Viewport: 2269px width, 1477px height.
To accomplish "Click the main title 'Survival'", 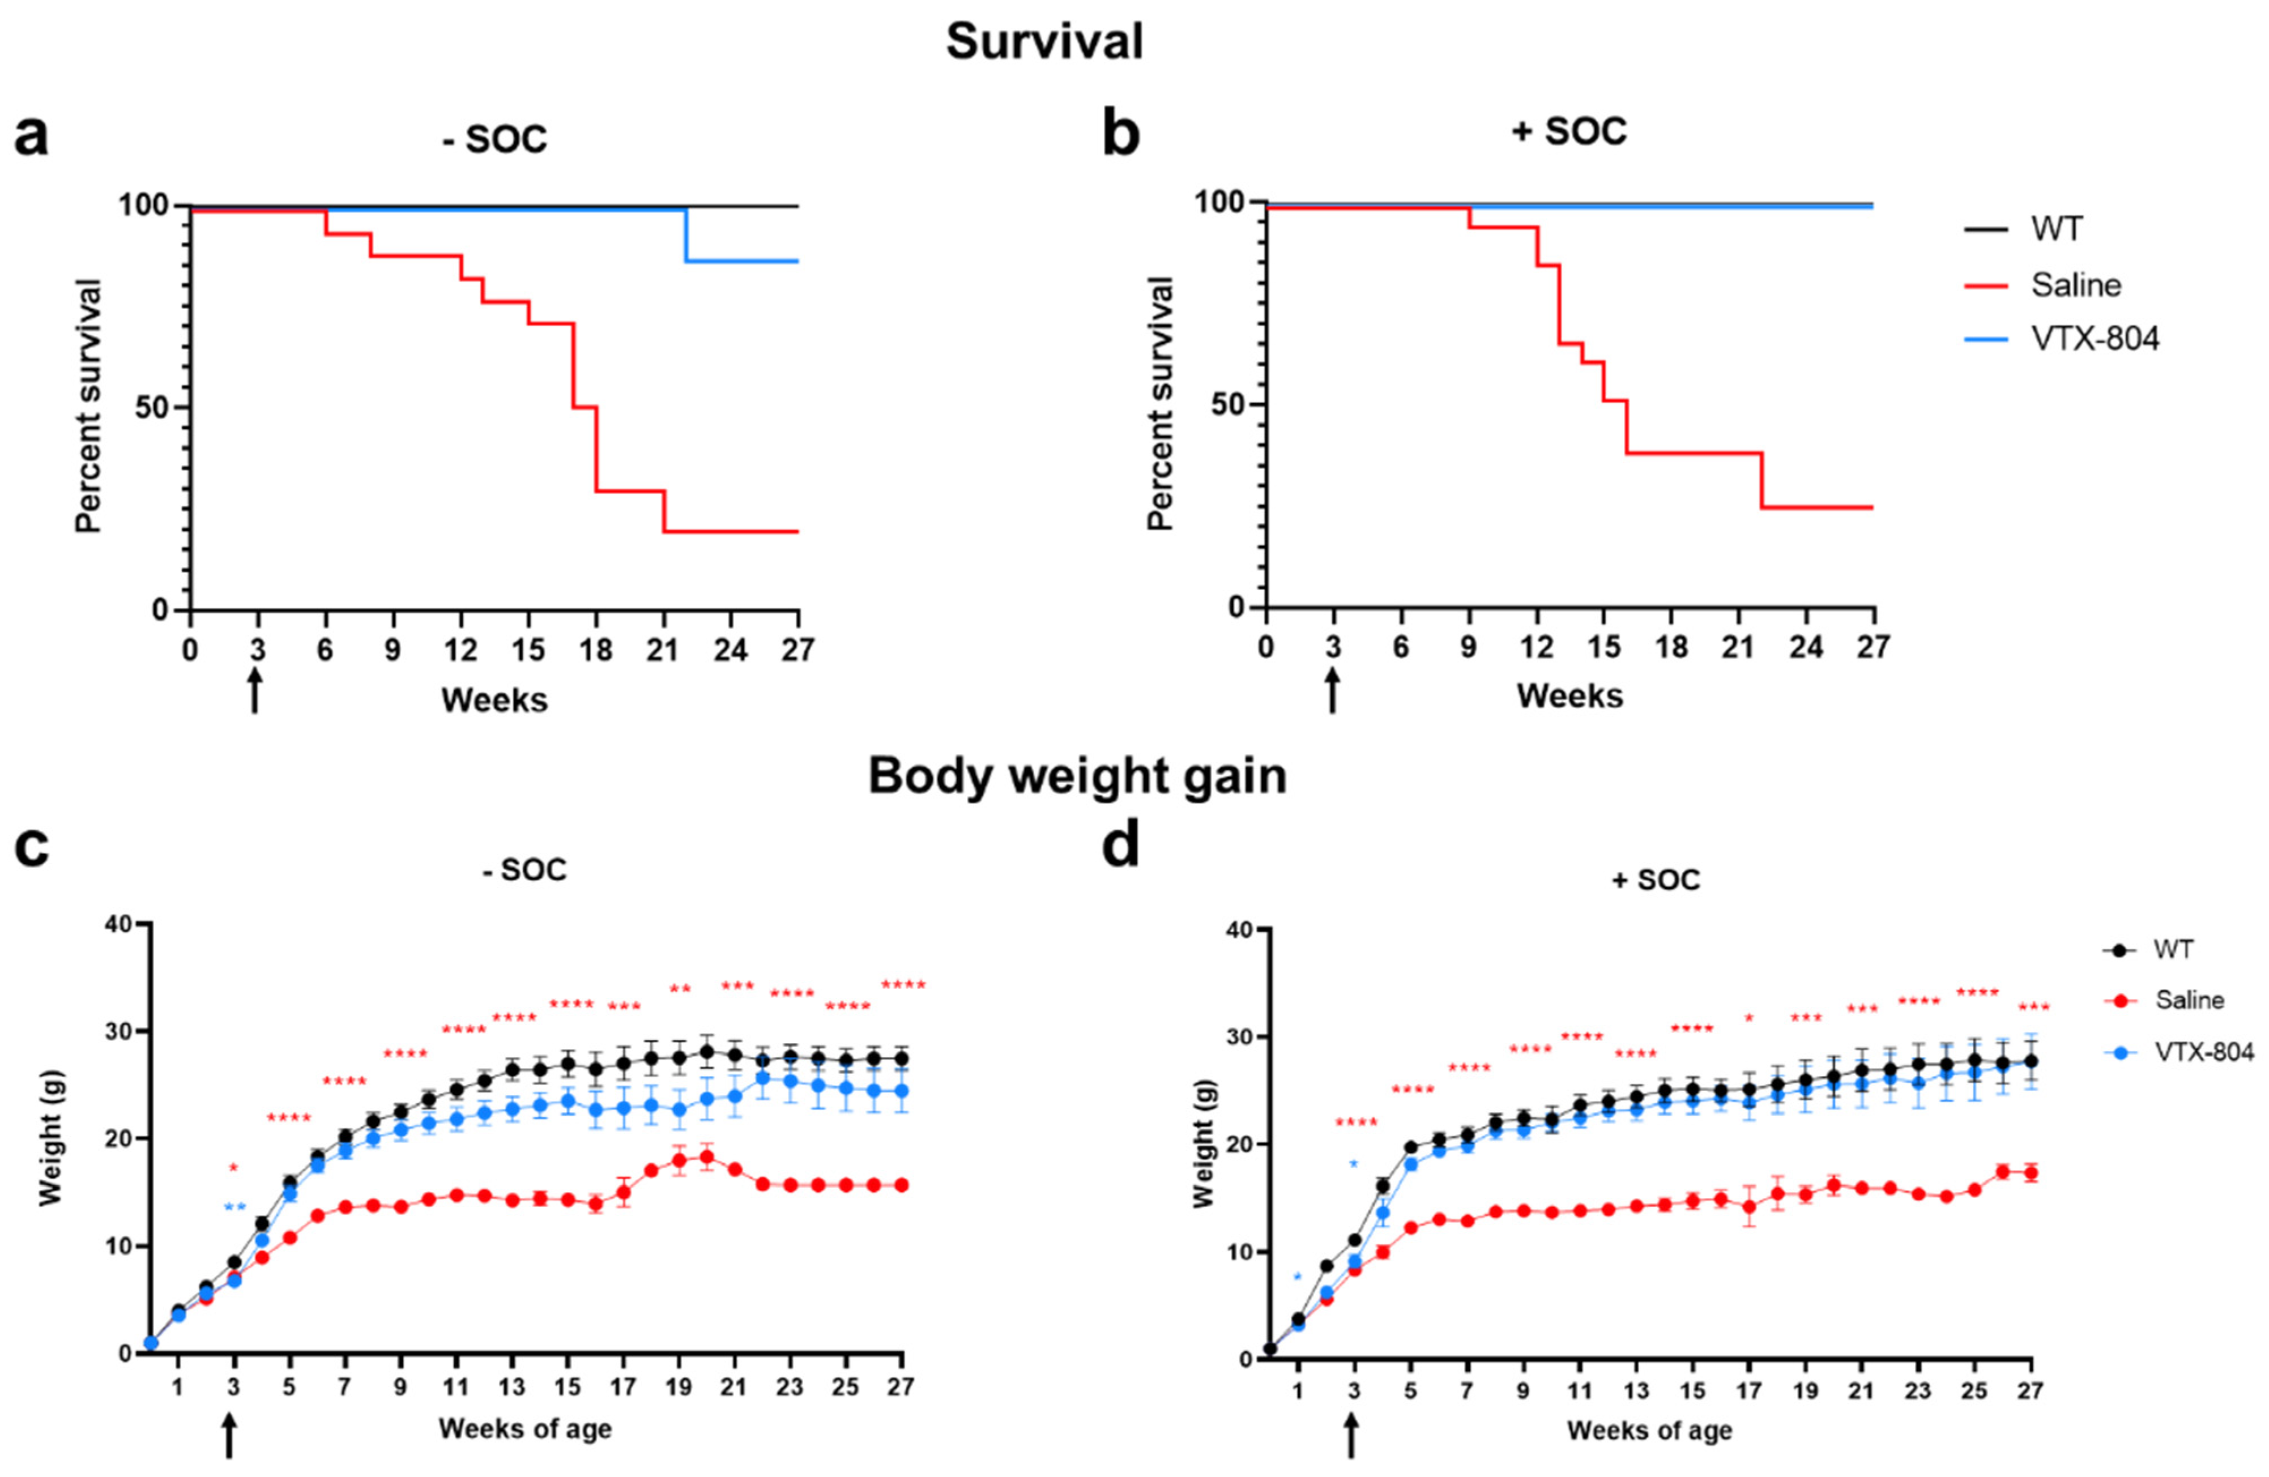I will point(1044,43).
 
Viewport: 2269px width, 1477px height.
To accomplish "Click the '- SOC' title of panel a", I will point(495,139).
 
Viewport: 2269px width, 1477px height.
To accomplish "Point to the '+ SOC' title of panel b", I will point(1569,131).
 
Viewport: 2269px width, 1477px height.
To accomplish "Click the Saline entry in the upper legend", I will point(2075,284).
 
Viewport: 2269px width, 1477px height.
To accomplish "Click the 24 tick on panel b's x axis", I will point(1806,647).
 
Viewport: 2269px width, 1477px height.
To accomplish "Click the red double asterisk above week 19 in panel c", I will point(680,989).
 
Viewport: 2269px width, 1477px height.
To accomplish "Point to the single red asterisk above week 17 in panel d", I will point(1750,1018).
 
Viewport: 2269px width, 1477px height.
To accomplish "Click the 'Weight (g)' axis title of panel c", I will point(50,1139).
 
